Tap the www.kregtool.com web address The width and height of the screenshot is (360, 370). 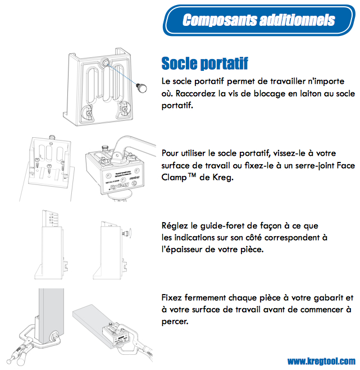(x=321, y=361)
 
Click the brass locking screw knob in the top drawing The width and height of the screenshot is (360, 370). (x=142, y=87)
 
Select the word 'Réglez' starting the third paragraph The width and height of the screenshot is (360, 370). (x=174, y=225)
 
